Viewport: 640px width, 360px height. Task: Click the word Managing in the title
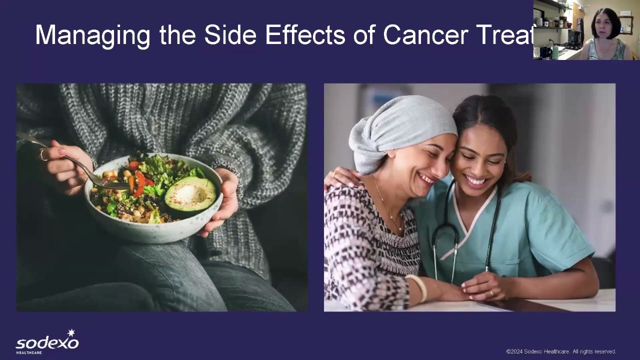click(x=92, y=35)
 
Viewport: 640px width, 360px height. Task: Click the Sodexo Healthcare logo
click(x=47, y=342)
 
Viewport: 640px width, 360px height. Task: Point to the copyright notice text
click(x=561, y=351)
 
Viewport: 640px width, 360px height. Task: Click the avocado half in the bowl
click(x=190, y=194)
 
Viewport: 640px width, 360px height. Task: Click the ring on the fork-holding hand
click(x=43, y=155)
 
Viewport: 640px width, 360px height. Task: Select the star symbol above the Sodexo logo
click(x=71, y=333)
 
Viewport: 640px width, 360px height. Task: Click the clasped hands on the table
click(x=480, y=287)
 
